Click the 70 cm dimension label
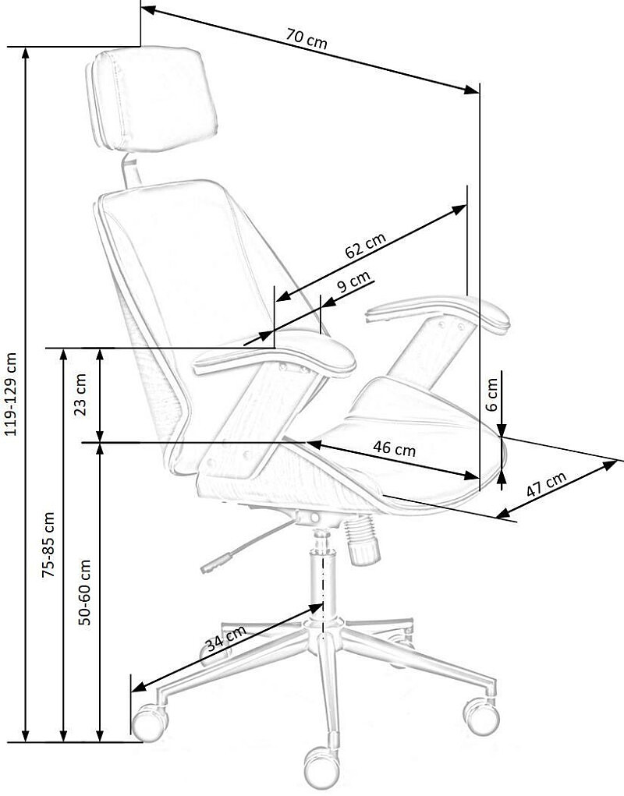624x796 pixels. pyautogui.click(x=307, y=39)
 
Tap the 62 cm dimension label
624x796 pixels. pyautogui.click(x=366, y=246)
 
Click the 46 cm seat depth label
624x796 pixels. pyautogui.click(x=394, y=449)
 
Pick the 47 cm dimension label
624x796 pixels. pyautogui.click(x=546, y=484)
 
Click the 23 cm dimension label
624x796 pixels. pyautogui.click(x=80, y=394)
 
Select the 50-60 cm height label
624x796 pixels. pyautogui.click(x=84, y=592)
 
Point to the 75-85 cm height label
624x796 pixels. pyautogui.click(x=48, y=545)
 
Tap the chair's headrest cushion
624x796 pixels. pyautogui.click(x=152, y=99)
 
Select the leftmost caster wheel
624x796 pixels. pyautogui.click(x=149, y=721)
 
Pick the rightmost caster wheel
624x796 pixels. pyautogui.click(x=480, y=716)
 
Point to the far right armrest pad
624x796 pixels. pyautogui.click(x=438, y=314)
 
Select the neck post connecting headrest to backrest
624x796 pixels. pyautogui.click(x=131, y=171)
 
